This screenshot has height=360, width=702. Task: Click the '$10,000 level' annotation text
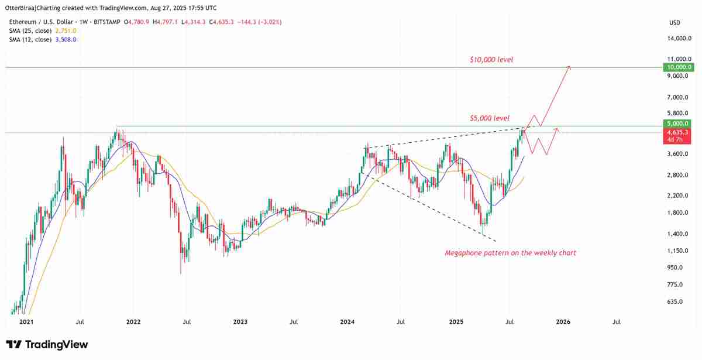coord(491,60)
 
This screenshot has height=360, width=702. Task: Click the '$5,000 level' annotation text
coord(490,118)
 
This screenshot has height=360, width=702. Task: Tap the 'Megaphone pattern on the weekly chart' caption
coord(510,253)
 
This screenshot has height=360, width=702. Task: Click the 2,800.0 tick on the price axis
coord(680,175)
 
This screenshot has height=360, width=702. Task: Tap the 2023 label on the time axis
coord(240,321)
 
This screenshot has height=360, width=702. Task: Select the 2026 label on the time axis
coord(563,321)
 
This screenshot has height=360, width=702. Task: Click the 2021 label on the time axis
coord(26,321)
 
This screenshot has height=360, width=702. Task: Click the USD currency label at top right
coord(675,22)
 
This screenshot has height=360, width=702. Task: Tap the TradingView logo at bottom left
coord(47,344)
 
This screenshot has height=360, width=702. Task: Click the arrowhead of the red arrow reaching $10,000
coord(569,68)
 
